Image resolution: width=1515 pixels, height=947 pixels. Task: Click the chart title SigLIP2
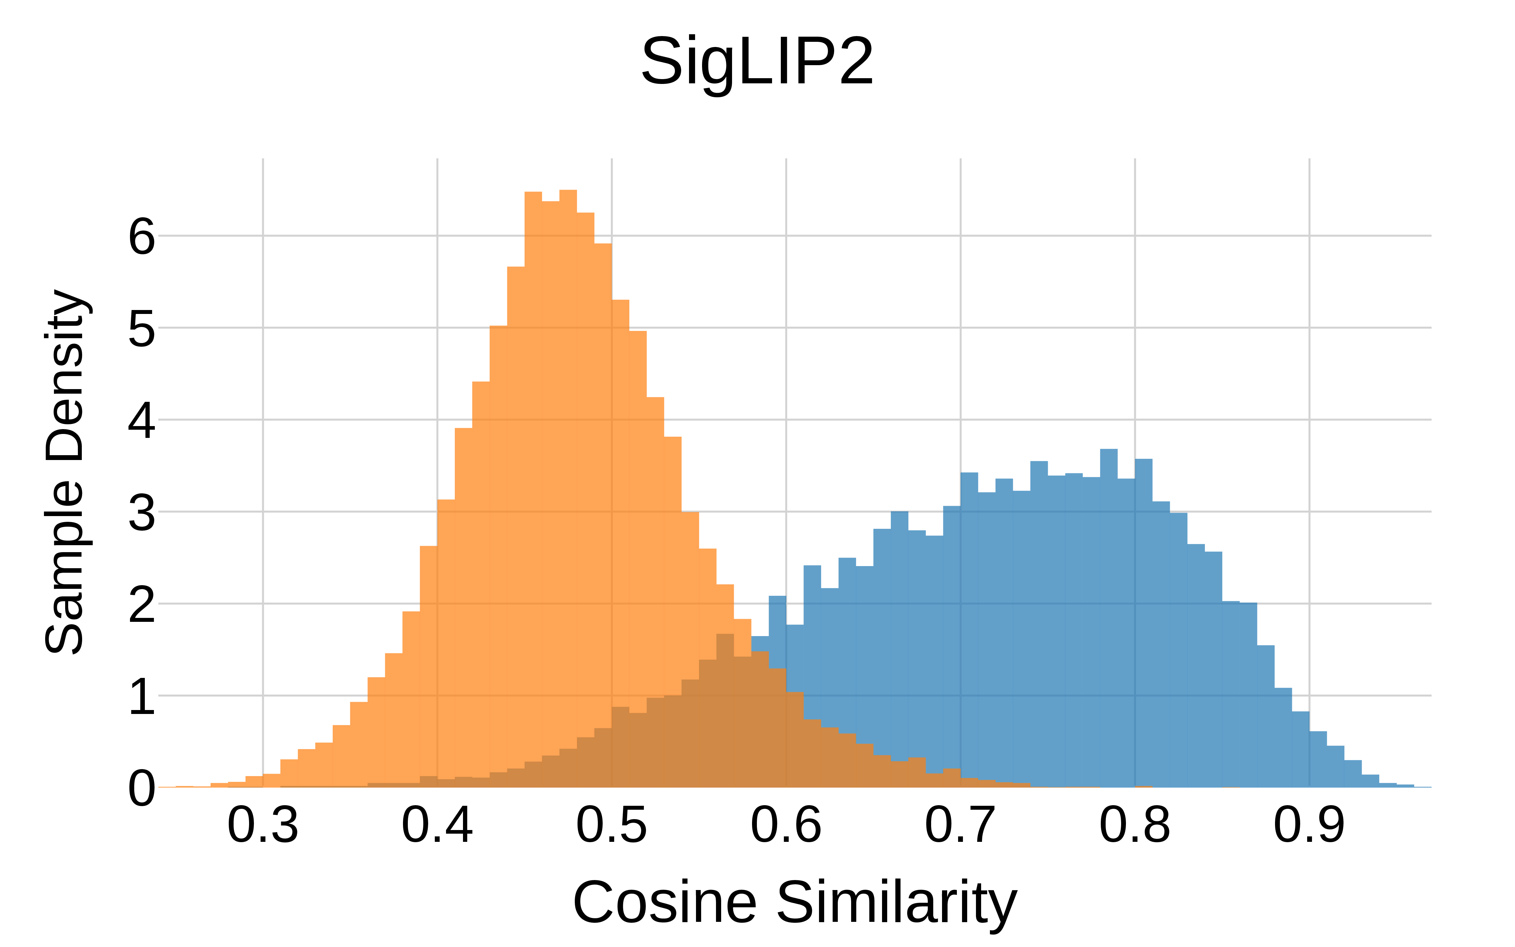point(757,62)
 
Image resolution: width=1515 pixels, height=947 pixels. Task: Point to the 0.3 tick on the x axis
point(263,825)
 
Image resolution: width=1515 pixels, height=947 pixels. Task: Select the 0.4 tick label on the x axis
point(437,825)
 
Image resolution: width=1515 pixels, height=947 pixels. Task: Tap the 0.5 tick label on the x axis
point(612,825)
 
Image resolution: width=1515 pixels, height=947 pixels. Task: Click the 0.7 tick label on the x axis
point(960,825)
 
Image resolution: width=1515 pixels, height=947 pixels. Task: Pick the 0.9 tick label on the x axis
point(1309,825)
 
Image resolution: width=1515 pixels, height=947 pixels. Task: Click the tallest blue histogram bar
point(1109,620)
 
